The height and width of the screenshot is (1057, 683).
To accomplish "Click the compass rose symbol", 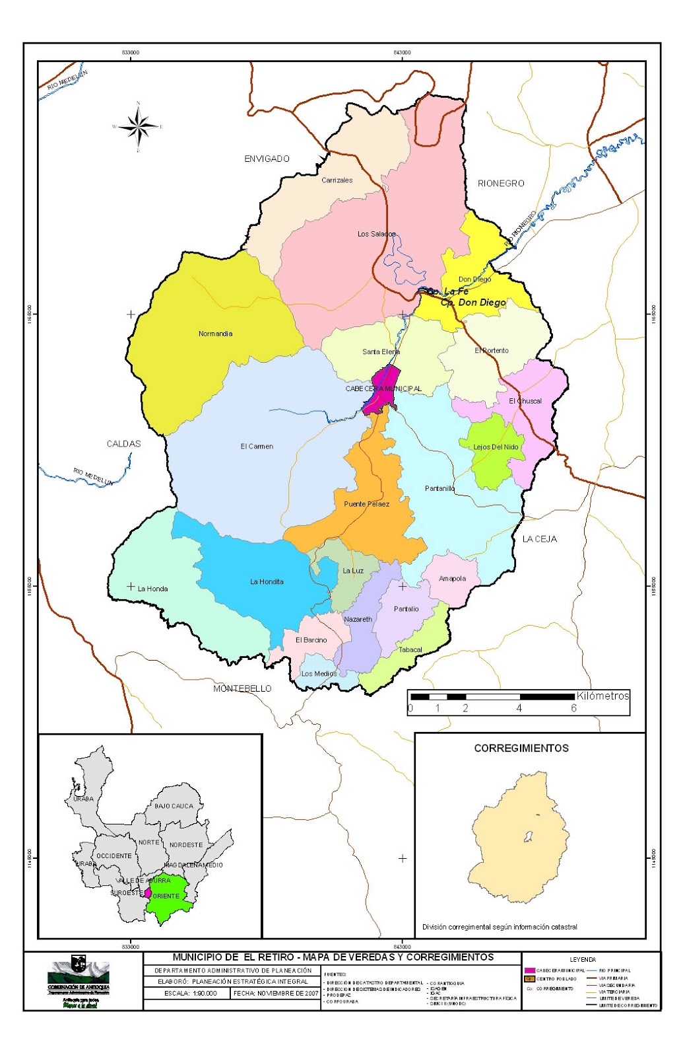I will pos(138,127).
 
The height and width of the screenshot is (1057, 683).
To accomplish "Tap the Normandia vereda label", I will pos(215,334).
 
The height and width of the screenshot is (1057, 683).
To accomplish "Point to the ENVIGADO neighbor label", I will pos(267,159).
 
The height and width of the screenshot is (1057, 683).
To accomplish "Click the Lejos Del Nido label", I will pos(496,447).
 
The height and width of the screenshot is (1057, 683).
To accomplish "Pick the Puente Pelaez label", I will pos(366,504).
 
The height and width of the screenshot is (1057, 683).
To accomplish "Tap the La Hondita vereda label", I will pos(267,582).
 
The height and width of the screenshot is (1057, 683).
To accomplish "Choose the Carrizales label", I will pos(337,180).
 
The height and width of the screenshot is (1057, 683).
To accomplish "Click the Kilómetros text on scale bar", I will pos(602,696).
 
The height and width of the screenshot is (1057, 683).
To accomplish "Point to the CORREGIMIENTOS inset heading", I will pos(521,748).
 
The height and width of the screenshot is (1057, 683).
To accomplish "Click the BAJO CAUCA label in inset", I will pos(174,806).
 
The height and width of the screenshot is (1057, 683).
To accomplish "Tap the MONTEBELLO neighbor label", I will pos(242,688).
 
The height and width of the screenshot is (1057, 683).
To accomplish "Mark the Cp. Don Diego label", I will pos(473,303).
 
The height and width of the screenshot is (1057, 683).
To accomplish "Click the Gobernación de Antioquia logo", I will pos(79,975).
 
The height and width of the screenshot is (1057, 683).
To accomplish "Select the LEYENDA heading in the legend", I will pos(583,959).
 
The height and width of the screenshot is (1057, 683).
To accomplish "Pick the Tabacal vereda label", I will pos(410,650).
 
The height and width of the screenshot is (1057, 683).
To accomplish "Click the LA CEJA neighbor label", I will pos(539,539).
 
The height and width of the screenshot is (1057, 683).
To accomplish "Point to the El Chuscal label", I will pos(525,401).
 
